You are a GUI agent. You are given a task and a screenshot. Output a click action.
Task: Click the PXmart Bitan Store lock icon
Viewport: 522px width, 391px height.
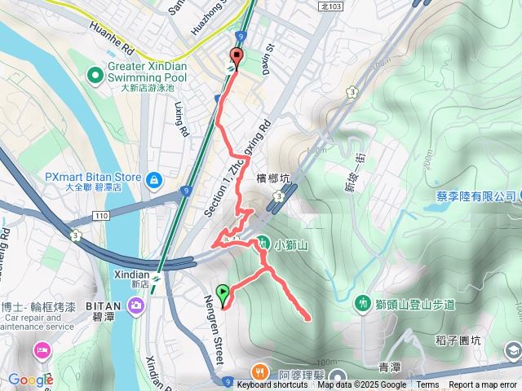tap(153, 178)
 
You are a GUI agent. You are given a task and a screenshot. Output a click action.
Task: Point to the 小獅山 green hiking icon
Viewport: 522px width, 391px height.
tap(263, 242)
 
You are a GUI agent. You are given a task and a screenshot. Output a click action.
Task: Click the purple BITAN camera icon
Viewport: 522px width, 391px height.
tap(135, 305)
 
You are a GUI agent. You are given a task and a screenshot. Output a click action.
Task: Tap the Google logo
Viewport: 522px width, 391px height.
tap(31, 380)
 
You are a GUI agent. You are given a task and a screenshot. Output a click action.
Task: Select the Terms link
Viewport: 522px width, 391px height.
tap(427, 385)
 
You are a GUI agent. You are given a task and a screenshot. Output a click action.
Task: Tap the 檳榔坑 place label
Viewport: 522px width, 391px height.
tap(273, 178)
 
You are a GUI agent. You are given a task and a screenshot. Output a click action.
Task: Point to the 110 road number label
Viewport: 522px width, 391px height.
tap(100, 215)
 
